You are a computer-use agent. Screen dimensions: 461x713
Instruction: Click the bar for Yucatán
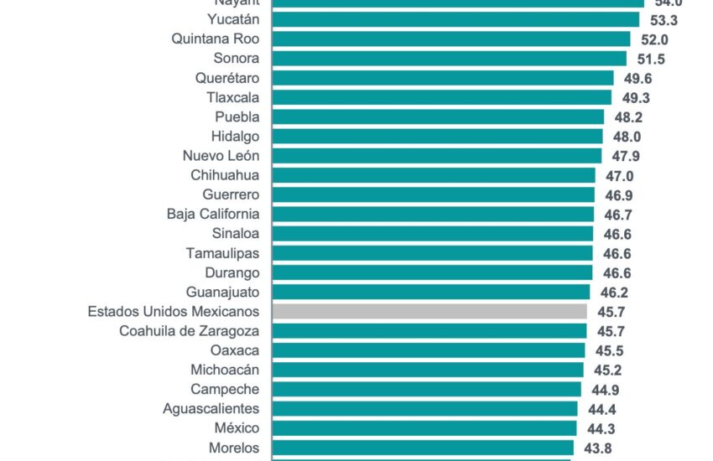click(453, 19)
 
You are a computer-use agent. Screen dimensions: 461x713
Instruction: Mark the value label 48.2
click(627, 117)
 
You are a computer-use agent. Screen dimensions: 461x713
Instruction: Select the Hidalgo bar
click(437, 136)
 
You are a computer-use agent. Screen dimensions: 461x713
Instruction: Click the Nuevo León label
click(221, 155)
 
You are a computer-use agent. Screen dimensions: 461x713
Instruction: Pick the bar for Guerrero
click(433, 194)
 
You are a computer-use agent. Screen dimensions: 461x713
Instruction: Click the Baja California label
click(213, 214)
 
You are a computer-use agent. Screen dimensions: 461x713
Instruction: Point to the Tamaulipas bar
click(432, 252)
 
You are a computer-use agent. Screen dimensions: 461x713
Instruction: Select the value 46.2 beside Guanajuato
click(613, 293)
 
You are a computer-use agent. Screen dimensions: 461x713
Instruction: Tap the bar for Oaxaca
click(429, 350)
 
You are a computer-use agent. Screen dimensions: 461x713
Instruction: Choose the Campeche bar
click(426, 389)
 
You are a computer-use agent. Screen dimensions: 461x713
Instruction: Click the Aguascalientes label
click(211, 408)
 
